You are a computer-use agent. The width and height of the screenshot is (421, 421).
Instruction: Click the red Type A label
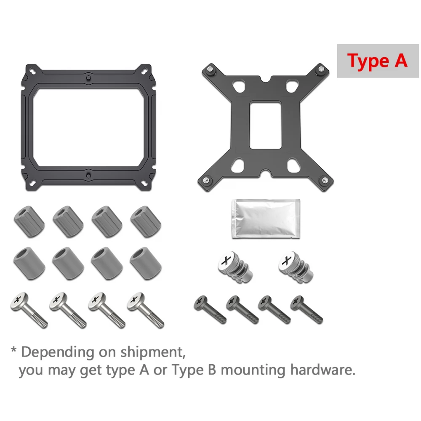click(x=377, y=61)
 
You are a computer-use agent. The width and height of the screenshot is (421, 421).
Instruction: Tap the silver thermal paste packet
click(x=266, y=219)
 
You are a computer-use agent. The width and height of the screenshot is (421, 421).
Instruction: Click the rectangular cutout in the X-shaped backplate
click(x=265, y=125)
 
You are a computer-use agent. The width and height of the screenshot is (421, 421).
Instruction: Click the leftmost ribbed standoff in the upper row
click(x=29, y=221)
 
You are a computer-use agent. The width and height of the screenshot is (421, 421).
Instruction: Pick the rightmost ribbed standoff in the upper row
click(x=146, y=221)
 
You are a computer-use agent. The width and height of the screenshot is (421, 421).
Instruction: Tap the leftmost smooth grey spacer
click(x=29, y=264)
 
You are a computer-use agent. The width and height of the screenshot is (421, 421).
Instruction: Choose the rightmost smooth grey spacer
click(x=146, y=264)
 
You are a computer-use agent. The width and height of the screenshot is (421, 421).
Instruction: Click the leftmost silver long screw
click(x=29, y=310)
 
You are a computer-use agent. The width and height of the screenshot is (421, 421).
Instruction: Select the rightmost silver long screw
click(x=146, y=310)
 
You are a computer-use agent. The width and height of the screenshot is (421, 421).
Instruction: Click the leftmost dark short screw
click(x=210, y=309)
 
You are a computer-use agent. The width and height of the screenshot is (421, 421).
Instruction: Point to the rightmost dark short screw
click(x=307, y=309)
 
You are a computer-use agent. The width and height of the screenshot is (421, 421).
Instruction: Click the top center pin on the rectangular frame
click(x=88, y=78)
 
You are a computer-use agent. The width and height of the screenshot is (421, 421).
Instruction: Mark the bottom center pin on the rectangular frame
click(x=88, y=176)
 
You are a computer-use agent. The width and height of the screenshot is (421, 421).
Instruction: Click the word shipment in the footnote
click(x=153, y=352)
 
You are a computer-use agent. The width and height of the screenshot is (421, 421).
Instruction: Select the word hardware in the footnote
click(x=323, y=370)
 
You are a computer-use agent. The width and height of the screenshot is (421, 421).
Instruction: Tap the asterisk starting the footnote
click(x=14, y=350)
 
